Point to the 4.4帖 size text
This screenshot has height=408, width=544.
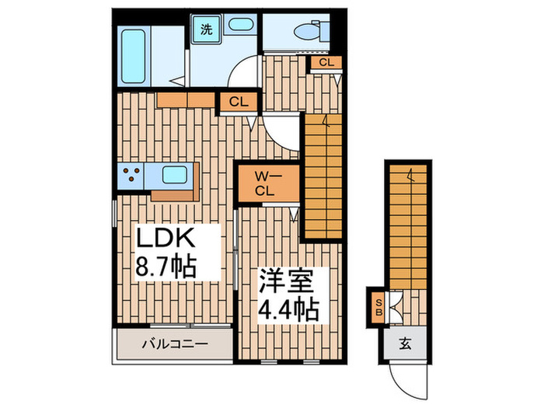[x=288, y=309]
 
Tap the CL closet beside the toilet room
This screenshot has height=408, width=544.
[x=326, y=63]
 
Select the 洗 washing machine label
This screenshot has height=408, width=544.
[x=207, y=30]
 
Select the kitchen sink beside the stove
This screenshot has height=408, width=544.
[x=173, y=176]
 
